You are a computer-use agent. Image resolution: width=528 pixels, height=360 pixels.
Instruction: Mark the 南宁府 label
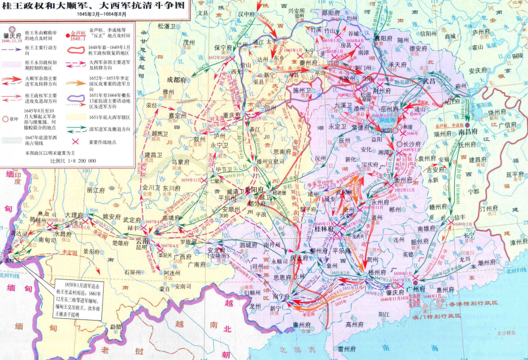coord(280,295)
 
